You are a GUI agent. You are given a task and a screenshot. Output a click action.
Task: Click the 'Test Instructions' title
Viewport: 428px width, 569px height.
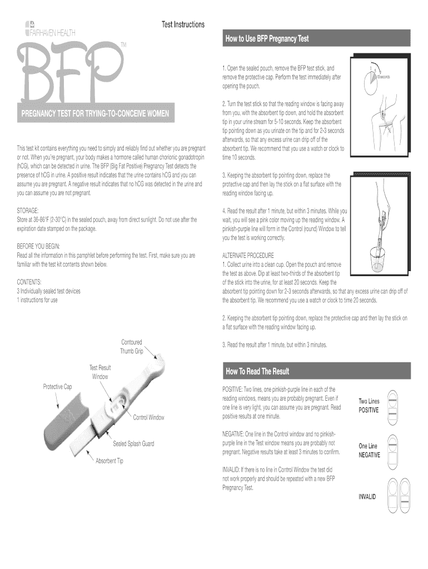183,24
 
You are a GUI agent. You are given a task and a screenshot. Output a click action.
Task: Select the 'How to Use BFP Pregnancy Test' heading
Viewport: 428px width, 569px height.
267,39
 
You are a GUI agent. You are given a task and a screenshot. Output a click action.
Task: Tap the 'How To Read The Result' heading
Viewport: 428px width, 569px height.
257,371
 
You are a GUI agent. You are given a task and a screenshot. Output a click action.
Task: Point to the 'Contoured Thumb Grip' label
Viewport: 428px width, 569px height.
131,346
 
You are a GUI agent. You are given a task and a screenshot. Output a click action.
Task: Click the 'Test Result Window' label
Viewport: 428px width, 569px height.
100,372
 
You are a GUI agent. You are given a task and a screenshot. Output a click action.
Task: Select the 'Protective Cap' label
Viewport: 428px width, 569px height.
57,386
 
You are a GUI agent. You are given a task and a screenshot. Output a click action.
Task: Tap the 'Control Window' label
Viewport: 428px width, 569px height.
148,417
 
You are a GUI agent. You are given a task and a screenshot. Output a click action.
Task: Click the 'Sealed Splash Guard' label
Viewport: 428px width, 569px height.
133,443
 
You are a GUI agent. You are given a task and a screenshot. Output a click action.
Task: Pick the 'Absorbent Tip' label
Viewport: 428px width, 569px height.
110,461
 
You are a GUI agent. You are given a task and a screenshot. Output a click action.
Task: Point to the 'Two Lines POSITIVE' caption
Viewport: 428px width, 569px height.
369,406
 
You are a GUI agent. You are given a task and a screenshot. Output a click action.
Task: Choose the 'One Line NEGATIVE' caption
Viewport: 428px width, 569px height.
369,450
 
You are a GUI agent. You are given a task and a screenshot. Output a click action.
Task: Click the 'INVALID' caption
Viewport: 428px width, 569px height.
367,496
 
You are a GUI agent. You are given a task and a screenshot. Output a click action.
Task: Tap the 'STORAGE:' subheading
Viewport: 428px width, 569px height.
28,211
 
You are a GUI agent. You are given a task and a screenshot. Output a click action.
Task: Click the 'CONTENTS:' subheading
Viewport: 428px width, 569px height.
29,282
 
